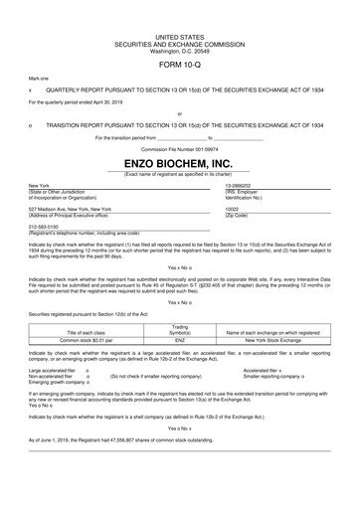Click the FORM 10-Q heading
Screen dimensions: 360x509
(x=179, y=63)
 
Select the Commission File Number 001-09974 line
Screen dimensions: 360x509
(x=179, y=146)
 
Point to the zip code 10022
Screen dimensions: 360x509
(x=233, y=210)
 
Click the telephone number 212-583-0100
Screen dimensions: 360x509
(x=45, y=226)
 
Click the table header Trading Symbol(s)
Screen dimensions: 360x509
(x=180, y=329)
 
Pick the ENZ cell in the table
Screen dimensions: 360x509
(x=180, y=340)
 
